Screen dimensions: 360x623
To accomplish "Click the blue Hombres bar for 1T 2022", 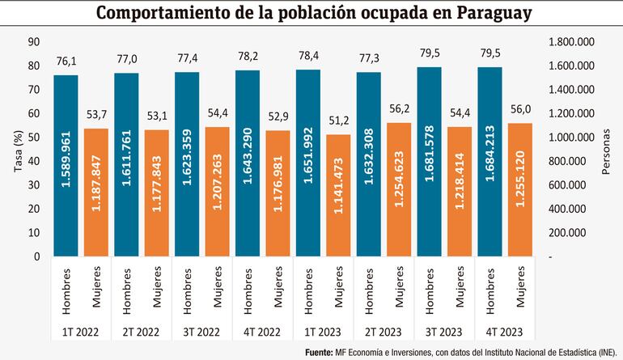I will pos(66,166).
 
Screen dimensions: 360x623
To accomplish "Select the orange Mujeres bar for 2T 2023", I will pos(399,189).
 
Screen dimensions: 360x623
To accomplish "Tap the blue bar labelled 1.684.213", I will pos(490,162).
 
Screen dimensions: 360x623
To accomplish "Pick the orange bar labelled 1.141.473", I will pos(338,195).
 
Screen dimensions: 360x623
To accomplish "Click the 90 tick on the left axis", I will pos(33,42).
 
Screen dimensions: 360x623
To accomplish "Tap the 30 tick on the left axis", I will pos(33,185).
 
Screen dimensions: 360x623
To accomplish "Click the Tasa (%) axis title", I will pos(11,150).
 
